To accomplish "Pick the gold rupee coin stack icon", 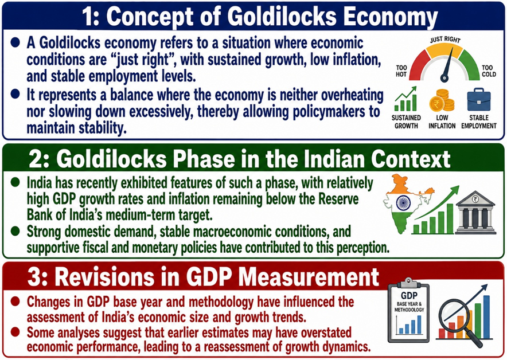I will point(441,100).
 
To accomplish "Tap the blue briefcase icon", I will point(478,99).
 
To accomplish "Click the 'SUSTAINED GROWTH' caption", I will point(407,122).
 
